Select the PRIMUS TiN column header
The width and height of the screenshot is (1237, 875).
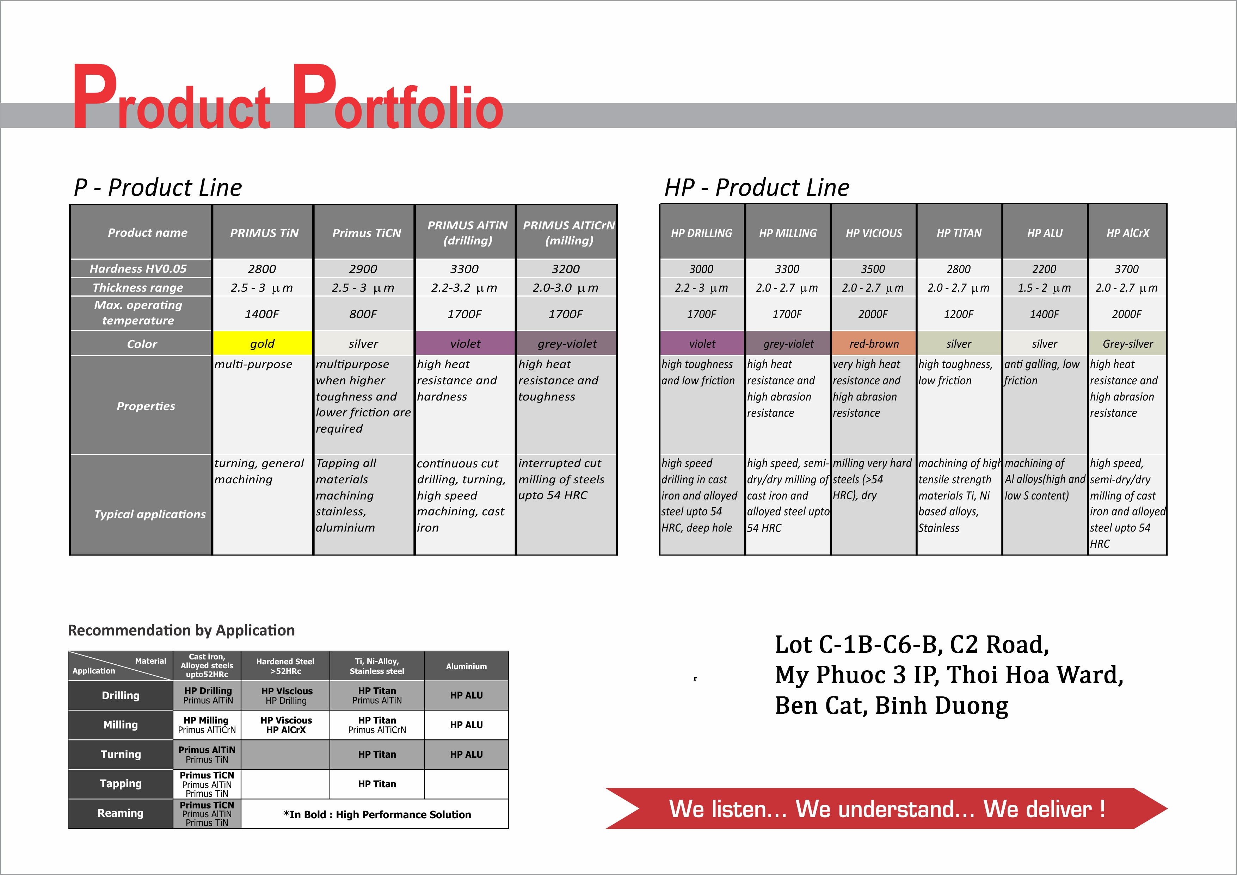pos(264,233)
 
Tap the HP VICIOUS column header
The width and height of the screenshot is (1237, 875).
pos(873,233)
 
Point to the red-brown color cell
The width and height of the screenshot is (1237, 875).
pos(873,343)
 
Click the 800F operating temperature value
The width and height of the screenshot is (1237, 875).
pos(363,314)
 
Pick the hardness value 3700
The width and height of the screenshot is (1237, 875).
pos(1126,269)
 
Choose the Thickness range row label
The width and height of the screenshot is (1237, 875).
pos(138,287)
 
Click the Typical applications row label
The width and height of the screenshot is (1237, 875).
pos(150,514)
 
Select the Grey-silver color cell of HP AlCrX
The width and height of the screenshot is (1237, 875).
pos(1128,343)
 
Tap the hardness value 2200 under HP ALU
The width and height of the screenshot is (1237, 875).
pos(1044,269)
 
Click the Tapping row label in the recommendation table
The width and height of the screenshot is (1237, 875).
pos(121,783)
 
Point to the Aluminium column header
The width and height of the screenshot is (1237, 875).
pos(466,666)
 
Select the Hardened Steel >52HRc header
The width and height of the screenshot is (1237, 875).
pos(285,666)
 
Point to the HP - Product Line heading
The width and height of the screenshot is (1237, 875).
pos(757,187)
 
